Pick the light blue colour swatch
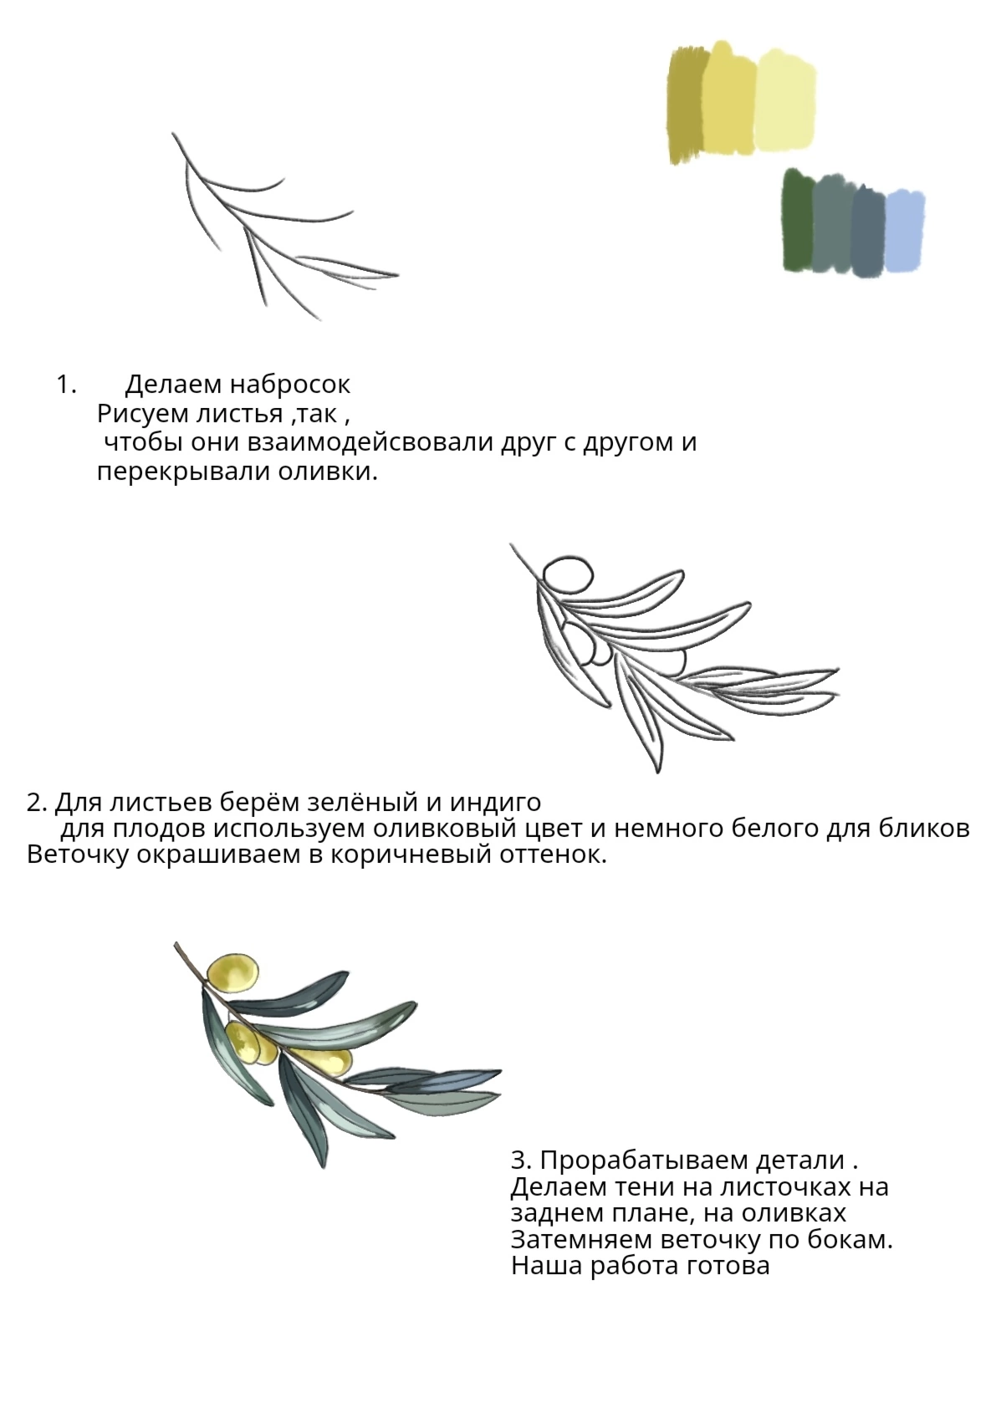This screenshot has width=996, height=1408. point(905,232)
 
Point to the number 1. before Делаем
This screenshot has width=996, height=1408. point(66,385)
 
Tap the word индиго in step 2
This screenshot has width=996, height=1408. point(495,802)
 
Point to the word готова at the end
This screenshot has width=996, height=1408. point(728,1265)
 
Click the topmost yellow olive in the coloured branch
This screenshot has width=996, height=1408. point(232,972)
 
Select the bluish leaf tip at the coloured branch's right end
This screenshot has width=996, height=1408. point(493,1074)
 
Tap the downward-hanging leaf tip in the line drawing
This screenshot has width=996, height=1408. point(657,765)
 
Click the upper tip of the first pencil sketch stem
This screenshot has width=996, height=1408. point(173,134)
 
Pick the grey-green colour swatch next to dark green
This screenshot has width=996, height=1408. point(832,224)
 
